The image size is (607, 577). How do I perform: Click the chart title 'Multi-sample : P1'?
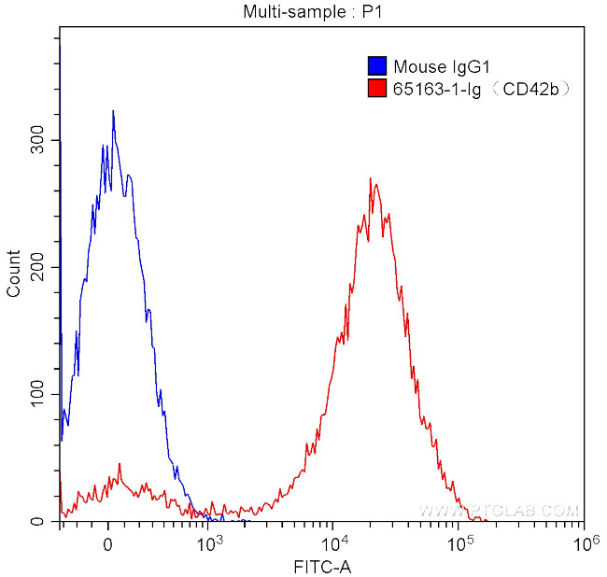coord(303,12)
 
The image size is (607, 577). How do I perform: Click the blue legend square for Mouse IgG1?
coord(378,66)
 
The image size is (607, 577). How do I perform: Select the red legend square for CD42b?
coord(378,89)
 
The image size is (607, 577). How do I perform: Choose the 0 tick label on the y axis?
coord(40,521)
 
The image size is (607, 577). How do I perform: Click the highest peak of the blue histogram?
coord(113,111)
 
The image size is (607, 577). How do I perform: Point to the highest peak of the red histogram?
coord(371,179)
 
